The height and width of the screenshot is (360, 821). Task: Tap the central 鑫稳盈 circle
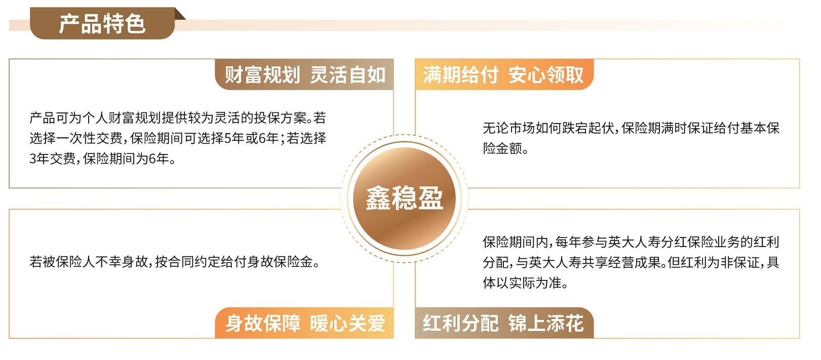[x=404, y=198]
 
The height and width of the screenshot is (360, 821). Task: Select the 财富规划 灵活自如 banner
[x=304, y=74]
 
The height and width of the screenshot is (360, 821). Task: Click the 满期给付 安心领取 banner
[x=504, y=74]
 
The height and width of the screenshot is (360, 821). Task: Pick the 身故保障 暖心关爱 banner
[x=304, y=323]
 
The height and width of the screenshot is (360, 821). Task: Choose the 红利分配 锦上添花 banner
[x=504, y=323]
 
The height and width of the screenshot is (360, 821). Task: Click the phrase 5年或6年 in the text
[x=252, y=138]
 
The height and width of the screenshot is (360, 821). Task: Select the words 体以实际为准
[x=522, y=283]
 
